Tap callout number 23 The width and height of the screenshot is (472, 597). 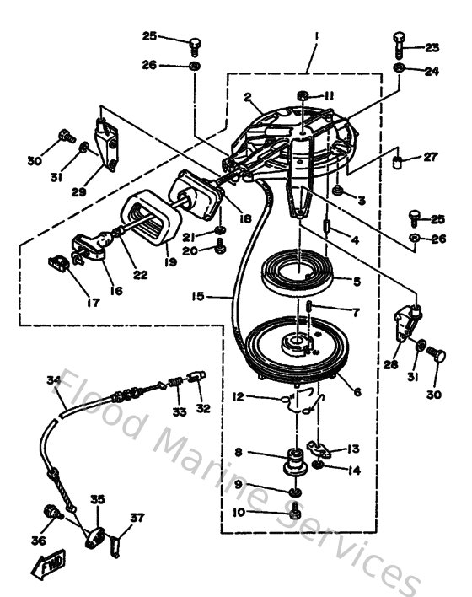432,47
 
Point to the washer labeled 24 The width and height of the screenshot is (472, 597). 400,67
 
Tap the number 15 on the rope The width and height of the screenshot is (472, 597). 200,296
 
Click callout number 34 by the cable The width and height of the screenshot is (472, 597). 53,381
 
